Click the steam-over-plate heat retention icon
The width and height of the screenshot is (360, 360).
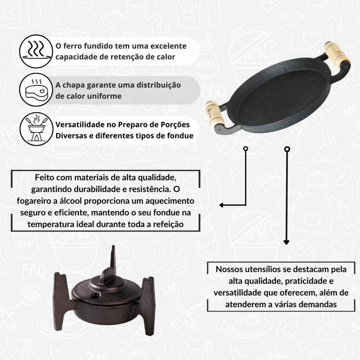(x=36, y=51)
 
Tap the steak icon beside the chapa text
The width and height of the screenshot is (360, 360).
(x=36, y=90)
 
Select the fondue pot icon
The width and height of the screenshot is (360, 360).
(x=36, y=129)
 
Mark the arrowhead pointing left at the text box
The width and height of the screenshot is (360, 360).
(x=221, y=205)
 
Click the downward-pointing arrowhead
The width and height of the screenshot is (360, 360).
(x=286, y=242)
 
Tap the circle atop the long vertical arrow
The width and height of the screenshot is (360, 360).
(x=287, y=149)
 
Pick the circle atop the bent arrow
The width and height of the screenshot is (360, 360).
(x=246, y=149)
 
